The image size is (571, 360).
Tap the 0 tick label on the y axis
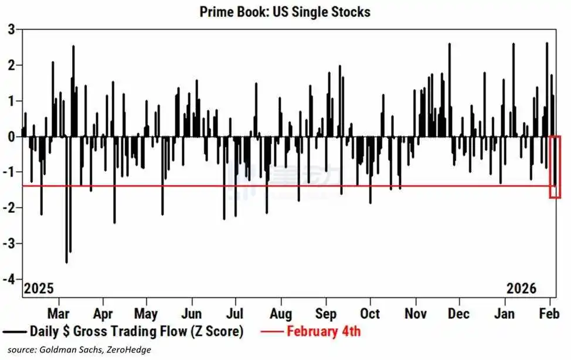pyautogui.click(x=11, y=136)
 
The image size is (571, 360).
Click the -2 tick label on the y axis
pyautogui.click(x=8, y=208)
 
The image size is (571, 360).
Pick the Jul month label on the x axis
pyautogui.click(x=234, y=313)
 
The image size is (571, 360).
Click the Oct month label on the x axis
pyautogui.click(x=370, y=313)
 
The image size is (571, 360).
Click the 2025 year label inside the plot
pyautogui.click(x=38, y=289)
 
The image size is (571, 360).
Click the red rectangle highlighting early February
pyautogui.click(x=555, y=167)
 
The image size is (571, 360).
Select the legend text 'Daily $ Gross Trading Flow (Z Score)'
pyautogui.click(x=136, y=331)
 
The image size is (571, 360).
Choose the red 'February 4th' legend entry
pyautogui.click(x=323, y=331)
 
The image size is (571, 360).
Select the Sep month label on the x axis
pyautogui.click(x=326, y=313)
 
